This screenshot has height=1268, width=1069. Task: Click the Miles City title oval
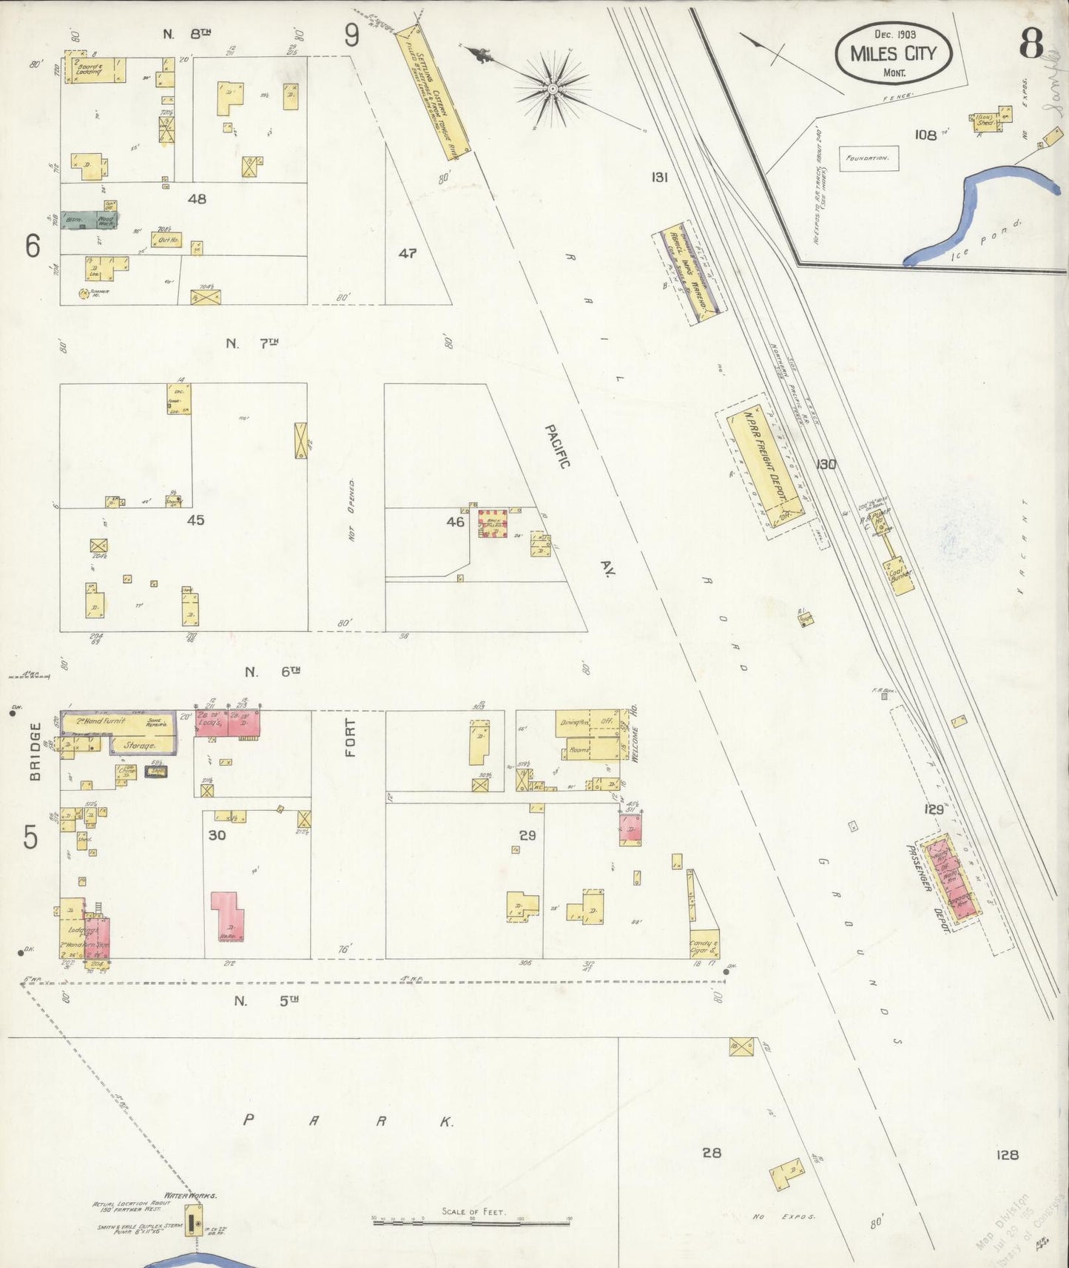point(893,53)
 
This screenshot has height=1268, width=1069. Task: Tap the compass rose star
point(552,89)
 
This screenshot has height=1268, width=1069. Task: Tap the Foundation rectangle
point(869,158)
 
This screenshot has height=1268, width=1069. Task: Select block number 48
point(197,199)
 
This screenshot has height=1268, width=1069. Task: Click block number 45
point(195,520)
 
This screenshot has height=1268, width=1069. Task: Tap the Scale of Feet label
point(473,1212)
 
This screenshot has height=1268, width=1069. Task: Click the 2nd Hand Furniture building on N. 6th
point(117,722)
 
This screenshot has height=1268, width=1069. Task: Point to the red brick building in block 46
point(492,524)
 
